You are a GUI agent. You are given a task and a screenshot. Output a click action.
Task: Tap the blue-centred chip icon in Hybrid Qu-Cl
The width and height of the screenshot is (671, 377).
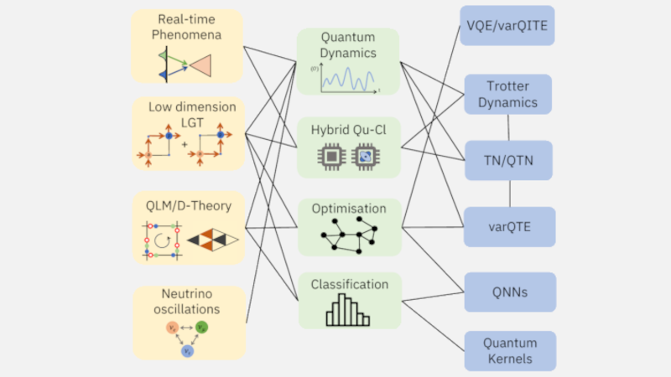(366, 156)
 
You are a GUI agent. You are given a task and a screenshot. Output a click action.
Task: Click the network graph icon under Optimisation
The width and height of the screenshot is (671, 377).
(347, 237)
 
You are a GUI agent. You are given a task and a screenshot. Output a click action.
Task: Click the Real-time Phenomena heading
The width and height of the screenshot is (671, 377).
(186, 27)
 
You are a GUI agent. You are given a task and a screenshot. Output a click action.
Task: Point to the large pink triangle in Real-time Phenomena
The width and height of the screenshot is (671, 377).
(204, 65)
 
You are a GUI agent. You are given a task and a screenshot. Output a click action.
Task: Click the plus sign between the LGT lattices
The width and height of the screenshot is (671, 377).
(185, 143)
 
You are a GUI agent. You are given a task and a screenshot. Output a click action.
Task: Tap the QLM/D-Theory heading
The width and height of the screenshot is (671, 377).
(186, 205)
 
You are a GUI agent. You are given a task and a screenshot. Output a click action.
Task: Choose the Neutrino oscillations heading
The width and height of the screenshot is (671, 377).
(186, 302)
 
